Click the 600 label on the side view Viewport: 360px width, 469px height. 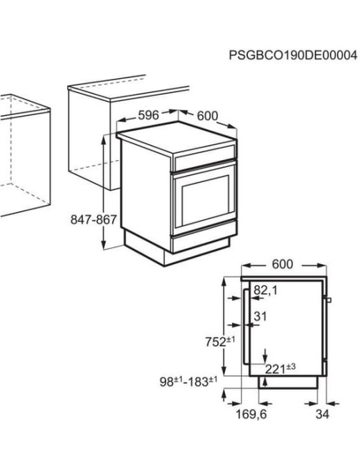pos(282,265)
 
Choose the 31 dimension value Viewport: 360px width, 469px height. pos(260,317)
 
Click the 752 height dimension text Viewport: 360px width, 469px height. pos(221,341)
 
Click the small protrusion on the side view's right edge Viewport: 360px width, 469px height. pos(329,300)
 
